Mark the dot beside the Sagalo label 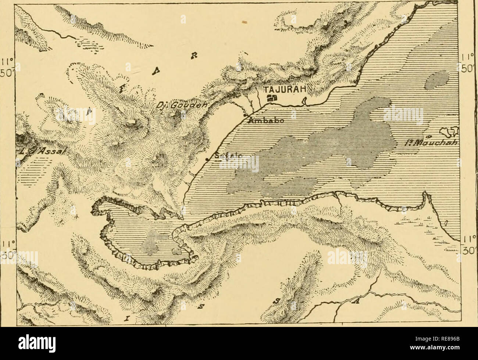[x=207, y=159]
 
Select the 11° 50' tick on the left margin [x=6, y=65]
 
